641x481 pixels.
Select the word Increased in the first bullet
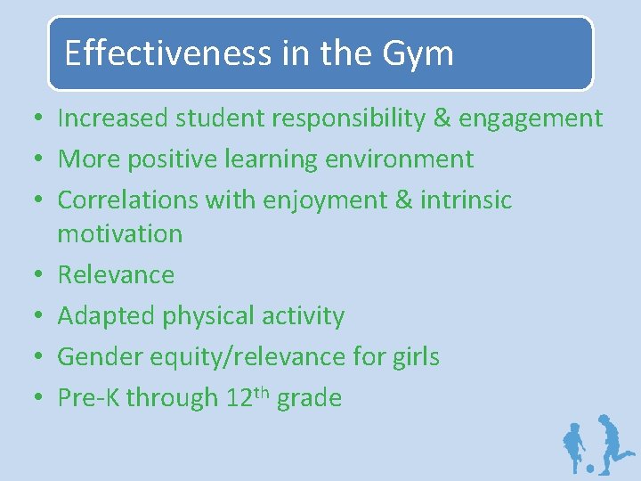[116, 118]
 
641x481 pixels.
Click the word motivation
[119, 234]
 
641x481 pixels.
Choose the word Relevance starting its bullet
[116, 275]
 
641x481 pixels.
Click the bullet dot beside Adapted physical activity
[31, 317]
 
